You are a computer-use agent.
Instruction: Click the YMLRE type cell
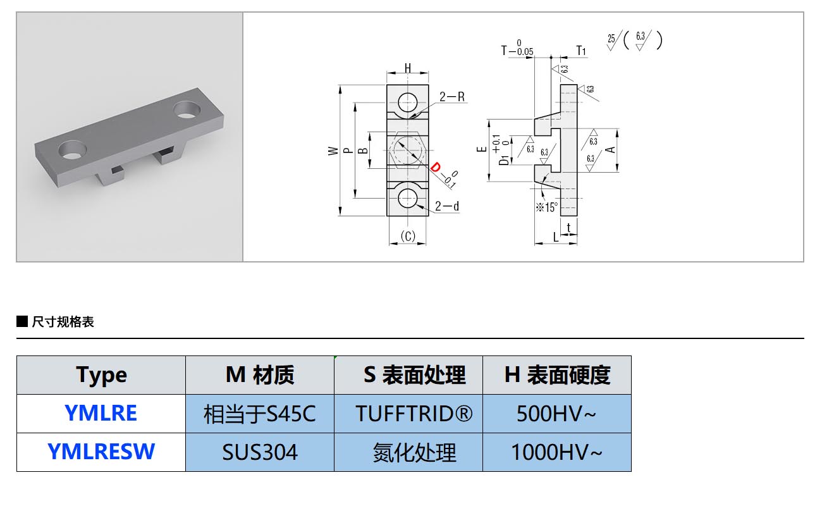pos(101,414)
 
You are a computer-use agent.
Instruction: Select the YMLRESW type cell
pos(101,452)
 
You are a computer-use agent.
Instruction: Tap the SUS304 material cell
pos(260,452)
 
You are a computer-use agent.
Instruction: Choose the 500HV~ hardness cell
pos(556,414)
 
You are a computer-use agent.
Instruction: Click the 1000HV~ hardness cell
pos(556,452)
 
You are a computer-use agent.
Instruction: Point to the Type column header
pos(101,375)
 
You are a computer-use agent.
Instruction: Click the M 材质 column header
pos(260,375)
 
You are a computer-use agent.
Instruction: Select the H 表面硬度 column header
pos(556,375)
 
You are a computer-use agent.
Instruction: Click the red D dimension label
pos(436,168)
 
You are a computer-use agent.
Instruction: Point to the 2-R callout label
pos(452,97)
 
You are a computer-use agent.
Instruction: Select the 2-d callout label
pos(447,206)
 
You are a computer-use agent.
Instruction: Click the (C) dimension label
pos(408,237)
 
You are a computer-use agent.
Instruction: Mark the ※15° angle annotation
pos(546,207)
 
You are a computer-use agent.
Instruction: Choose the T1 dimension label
pos(581,51)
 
